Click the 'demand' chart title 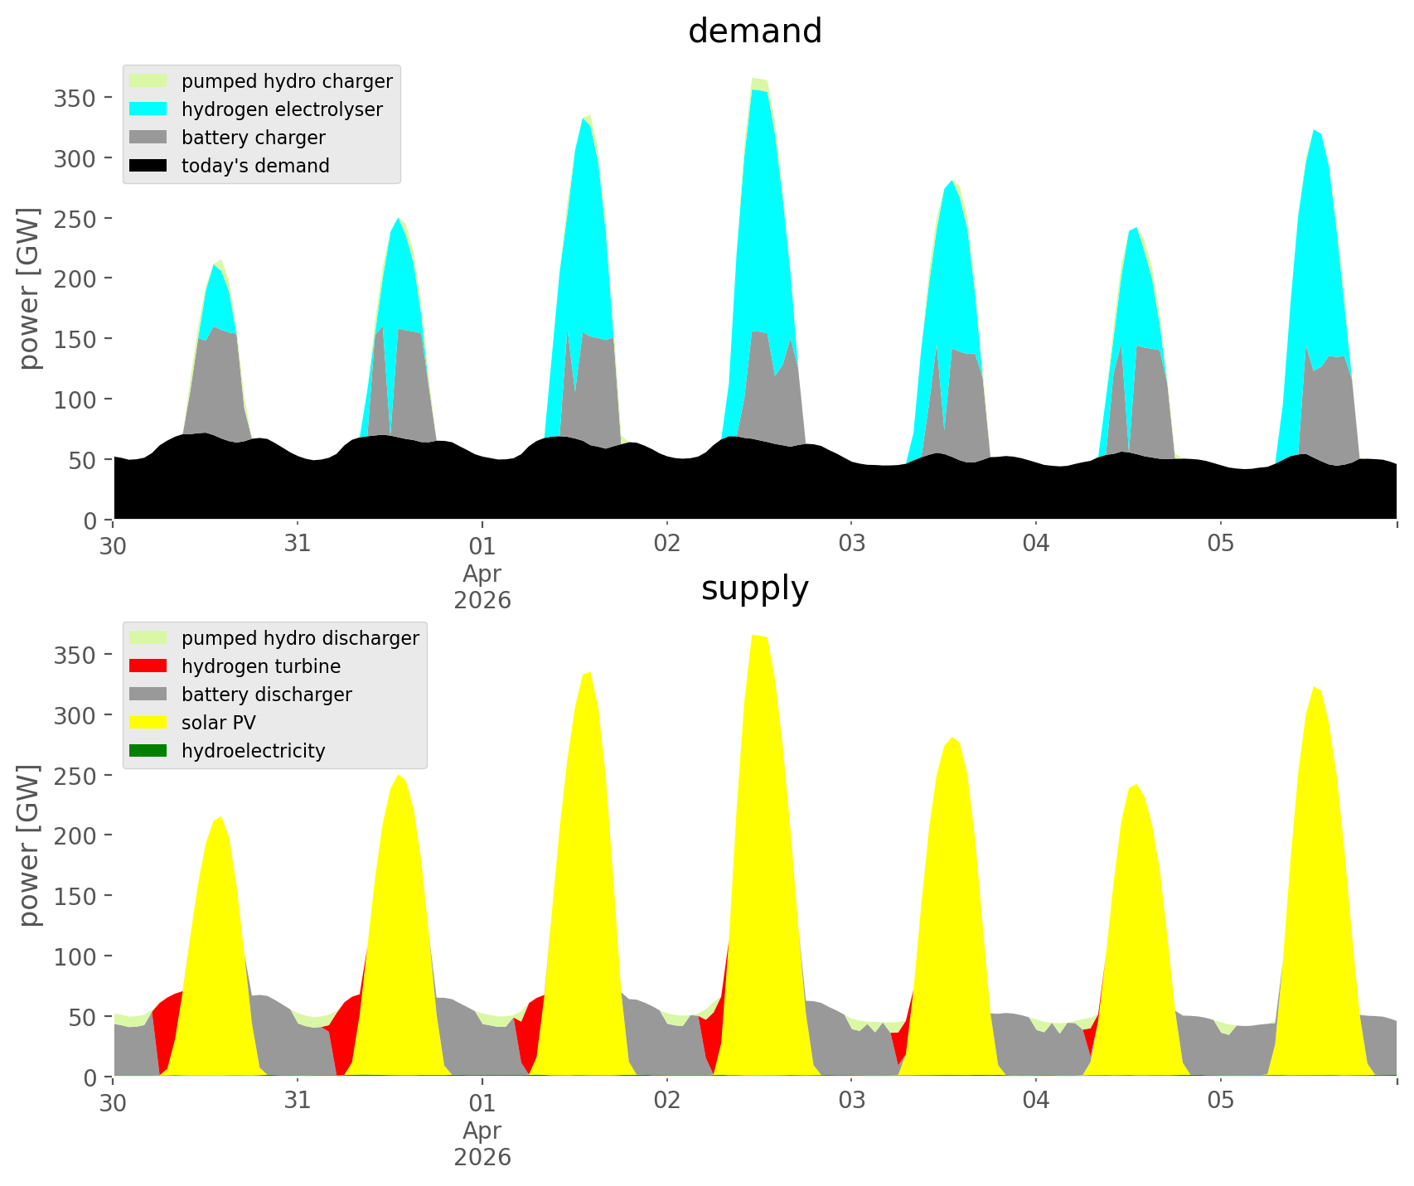point(754,31)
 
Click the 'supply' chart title point(754,588)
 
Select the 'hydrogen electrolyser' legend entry point(282,109)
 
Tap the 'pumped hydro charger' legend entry point(287,81)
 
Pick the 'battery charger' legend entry point(253,138)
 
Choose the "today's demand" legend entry point(255,166)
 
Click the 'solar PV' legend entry point(219,723)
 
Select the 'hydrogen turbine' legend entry point(260,666)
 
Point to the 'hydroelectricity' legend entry point(253,751)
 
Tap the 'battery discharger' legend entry point(266,695)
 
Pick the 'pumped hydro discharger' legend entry point(300,638)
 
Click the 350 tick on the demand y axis point(75,98)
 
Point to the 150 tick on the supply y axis point(75,896)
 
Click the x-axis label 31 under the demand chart point(297,545)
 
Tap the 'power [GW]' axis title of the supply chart point(30,845)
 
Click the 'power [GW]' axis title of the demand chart point(30,288)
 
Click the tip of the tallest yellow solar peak point(754,636)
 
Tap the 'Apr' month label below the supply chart point(482,1130)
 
